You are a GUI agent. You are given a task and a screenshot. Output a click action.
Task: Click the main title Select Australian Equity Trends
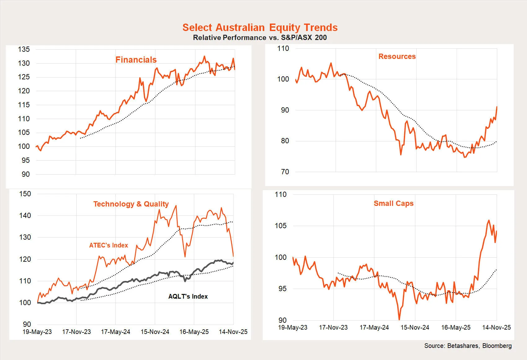click(260, 28)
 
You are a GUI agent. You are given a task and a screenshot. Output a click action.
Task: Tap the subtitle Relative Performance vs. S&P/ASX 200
click(260, 38)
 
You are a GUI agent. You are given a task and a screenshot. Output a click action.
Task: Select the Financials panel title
click(136, 60)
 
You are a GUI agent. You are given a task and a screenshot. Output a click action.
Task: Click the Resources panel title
click(397, 56)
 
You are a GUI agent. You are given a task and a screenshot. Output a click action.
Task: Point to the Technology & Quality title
click(131, 204)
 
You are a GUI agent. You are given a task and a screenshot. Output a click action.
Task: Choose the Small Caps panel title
click(393, 203)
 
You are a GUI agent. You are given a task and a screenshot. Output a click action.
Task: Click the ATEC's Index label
click(108, 245)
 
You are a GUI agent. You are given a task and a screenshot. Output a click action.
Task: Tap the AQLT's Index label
click(188, 296)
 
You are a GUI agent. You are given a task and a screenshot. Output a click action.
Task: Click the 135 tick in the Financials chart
click(24, 49)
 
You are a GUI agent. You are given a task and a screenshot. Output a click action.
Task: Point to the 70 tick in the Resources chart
click(285, 172)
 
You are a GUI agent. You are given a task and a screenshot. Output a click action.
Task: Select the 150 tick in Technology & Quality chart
click(25, 194)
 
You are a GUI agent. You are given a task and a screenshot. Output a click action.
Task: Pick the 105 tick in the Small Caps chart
click(281, 226)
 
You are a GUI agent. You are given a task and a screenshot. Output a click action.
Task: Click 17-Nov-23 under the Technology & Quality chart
click(76, 332)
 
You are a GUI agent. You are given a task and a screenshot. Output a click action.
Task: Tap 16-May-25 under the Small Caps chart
click(456, 327)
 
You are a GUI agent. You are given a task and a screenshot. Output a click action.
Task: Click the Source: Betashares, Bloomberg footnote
click(468, 346)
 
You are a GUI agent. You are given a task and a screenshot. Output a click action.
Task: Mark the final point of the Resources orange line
click(497, 107)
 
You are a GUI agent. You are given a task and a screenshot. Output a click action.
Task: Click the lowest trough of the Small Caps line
click(399, 319)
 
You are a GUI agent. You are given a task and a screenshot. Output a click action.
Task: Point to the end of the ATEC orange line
click(233, 256)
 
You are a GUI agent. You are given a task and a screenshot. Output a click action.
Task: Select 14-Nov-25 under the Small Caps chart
click(496, 327)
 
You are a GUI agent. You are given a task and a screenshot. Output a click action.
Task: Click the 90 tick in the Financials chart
click(26, 174)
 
